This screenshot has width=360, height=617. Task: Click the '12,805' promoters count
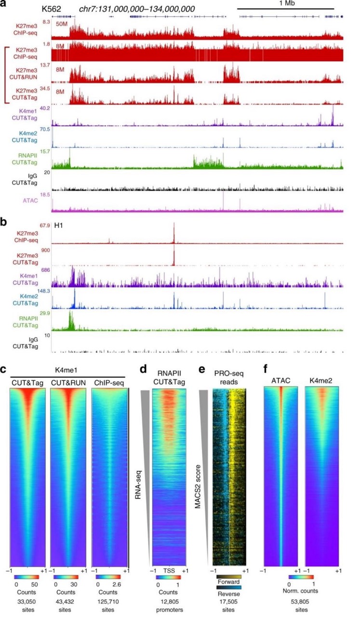(168, 599)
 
